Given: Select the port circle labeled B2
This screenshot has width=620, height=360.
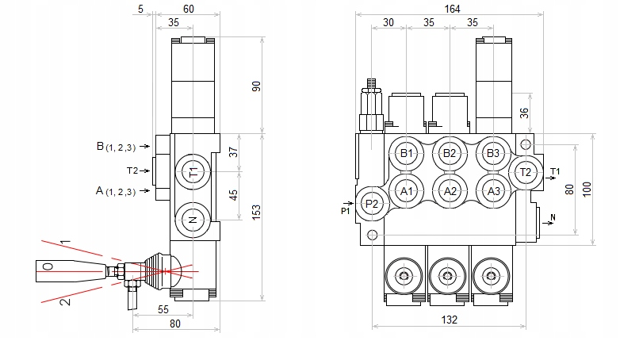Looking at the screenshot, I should [450, 153].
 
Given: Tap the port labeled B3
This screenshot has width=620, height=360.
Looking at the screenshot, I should [493, 153].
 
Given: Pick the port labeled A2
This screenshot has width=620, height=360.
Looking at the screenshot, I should [450, 190].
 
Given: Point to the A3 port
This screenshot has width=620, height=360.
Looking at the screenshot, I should [493, 190].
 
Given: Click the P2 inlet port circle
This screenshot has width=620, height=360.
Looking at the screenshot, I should [371, 204].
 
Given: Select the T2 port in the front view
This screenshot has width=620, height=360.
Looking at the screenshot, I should [525, 171].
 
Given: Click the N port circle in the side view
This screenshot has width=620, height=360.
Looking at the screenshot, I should [193, 220].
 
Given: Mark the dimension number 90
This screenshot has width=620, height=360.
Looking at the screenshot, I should [256, 86].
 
